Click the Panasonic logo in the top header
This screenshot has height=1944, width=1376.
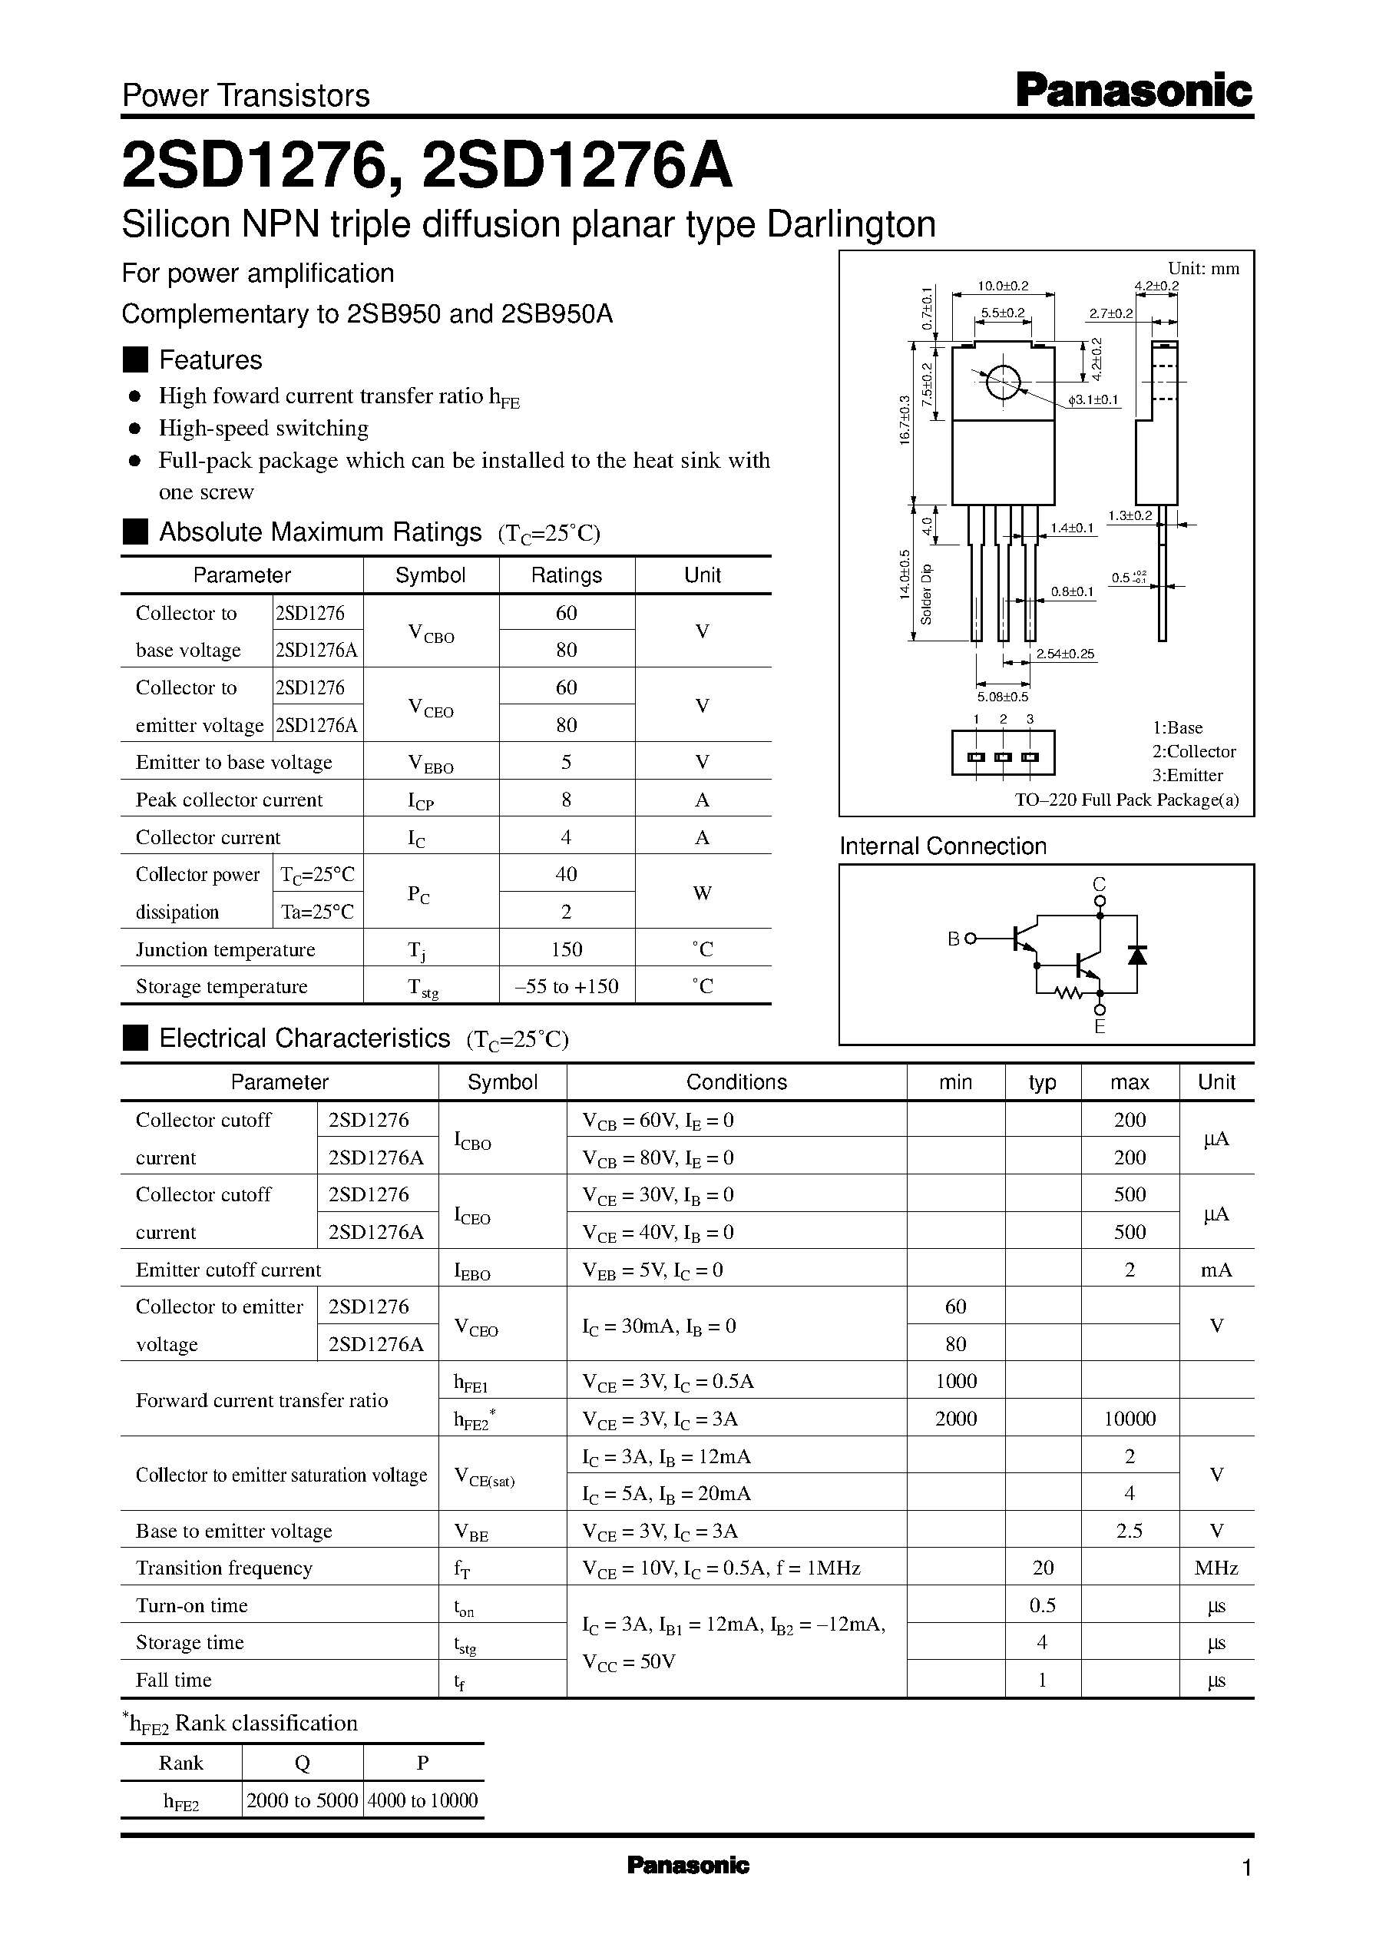1133,91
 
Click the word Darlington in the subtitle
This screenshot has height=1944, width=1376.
851,224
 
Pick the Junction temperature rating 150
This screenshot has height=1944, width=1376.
566,949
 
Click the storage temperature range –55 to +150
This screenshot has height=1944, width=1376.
566,986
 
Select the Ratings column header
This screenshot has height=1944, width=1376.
566,575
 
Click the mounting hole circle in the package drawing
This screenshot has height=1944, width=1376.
1002,383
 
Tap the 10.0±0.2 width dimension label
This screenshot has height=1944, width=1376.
1003,286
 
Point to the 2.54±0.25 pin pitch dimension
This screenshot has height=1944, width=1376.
1065,654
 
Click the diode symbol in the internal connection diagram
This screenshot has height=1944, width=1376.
1136,955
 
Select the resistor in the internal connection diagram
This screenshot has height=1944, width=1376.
1070,992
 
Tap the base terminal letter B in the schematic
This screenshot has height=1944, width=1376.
953,939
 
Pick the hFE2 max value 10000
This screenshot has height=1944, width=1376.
1130,1419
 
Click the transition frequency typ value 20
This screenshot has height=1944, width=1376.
1042,1568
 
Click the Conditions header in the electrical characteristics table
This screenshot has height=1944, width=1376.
736,1082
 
